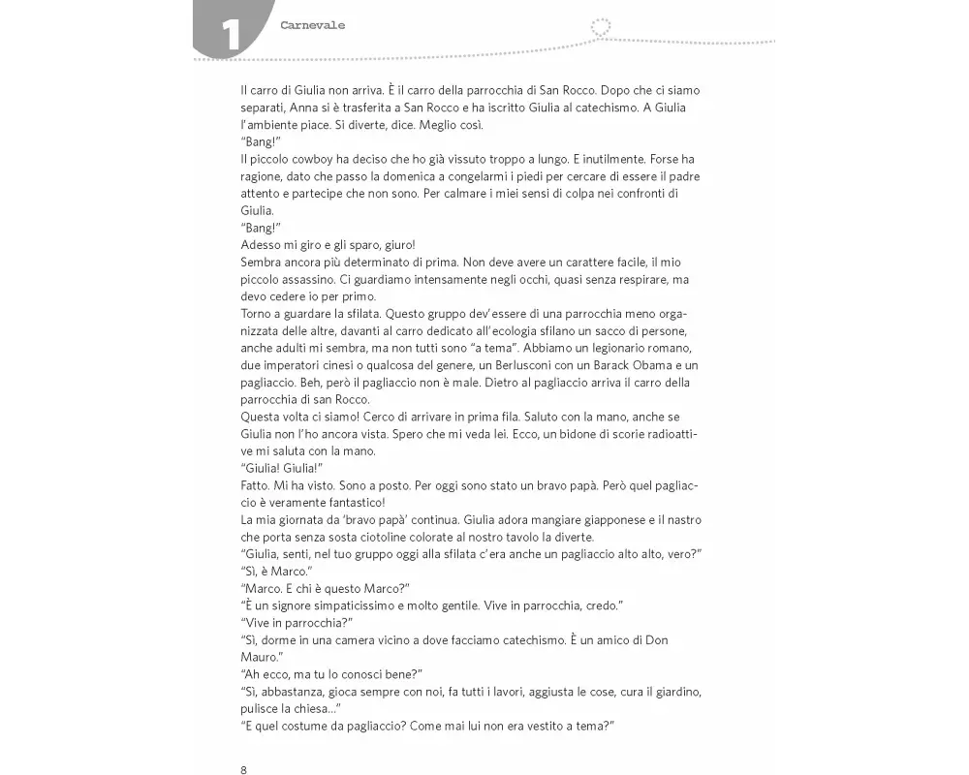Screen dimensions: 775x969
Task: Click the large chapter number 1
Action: (x=232, y=35)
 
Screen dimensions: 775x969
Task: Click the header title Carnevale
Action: (x=312, y=26)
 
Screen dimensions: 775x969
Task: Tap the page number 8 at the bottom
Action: (x=243, y=769)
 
